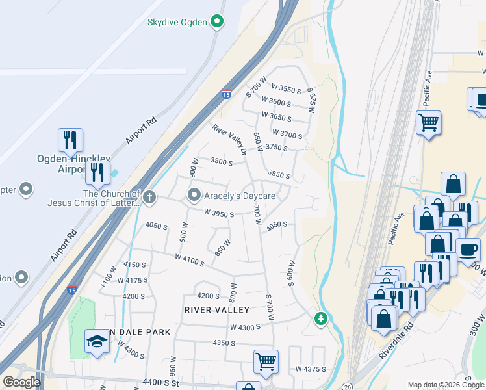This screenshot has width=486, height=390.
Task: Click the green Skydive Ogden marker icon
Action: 218,22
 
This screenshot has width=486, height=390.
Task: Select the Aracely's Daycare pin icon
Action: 194,195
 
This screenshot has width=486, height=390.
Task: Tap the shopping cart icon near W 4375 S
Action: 266,361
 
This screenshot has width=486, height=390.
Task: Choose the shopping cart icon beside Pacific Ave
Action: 429,122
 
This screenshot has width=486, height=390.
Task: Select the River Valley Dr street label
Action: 230,140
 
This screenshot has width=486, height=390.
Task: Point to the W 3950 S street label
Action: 218,213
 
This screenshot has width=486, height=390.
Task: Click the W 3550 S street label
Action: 287,89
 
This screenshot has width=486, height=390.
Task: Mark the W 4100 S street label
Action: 189,261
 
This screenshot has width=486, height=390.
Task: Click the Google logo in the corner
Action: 21,382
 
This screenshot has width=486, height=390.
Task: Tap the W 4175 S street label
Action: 133,280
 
